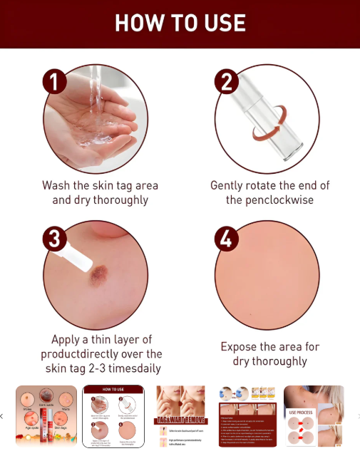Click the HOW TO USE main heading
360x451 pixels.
point(180,23)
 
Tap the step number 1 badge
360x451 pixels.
point(54,81)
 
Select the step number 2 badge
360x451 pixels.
point(227,81)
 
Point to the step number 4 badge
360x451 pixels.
point(227,239)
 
